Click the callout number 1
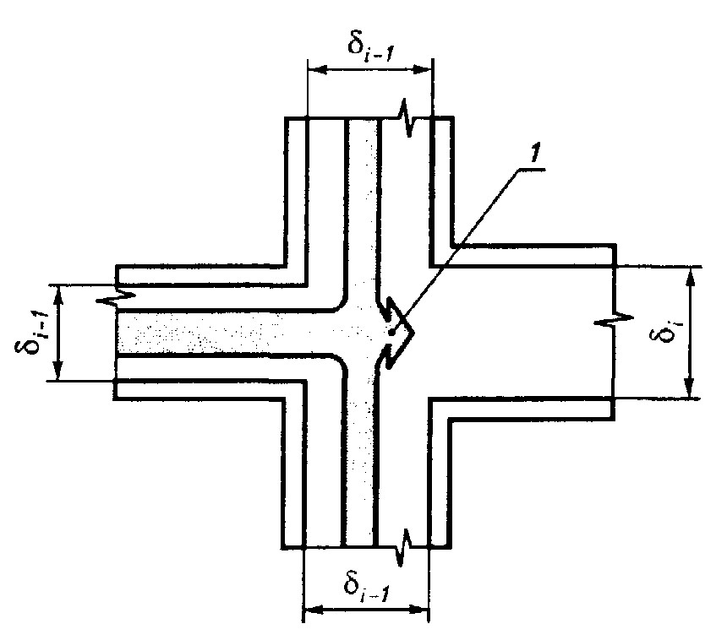534,155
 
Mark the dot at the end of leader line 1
391,332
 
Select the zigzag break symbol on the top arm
407,118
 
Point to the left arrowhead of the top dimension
318,69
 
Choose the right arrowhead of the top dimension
423,70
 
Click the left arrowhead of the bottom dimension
313,610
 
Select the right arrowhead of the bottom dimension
418,610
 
